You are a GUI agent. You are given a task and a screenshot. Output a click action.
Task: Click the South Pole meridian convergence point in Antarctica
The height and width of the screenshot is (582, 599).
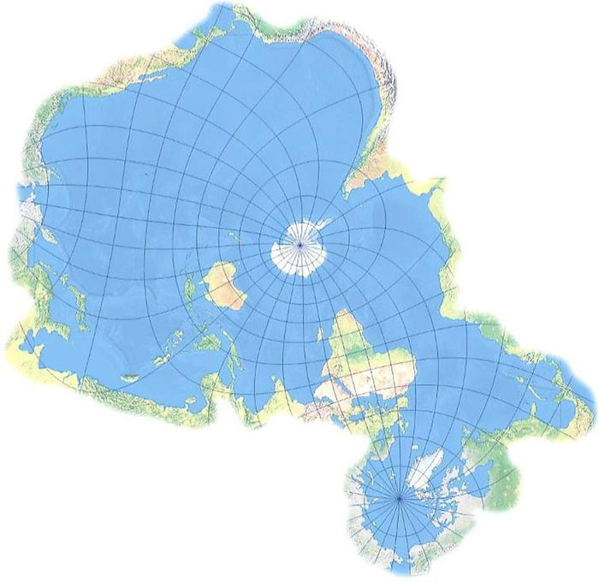299,246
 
